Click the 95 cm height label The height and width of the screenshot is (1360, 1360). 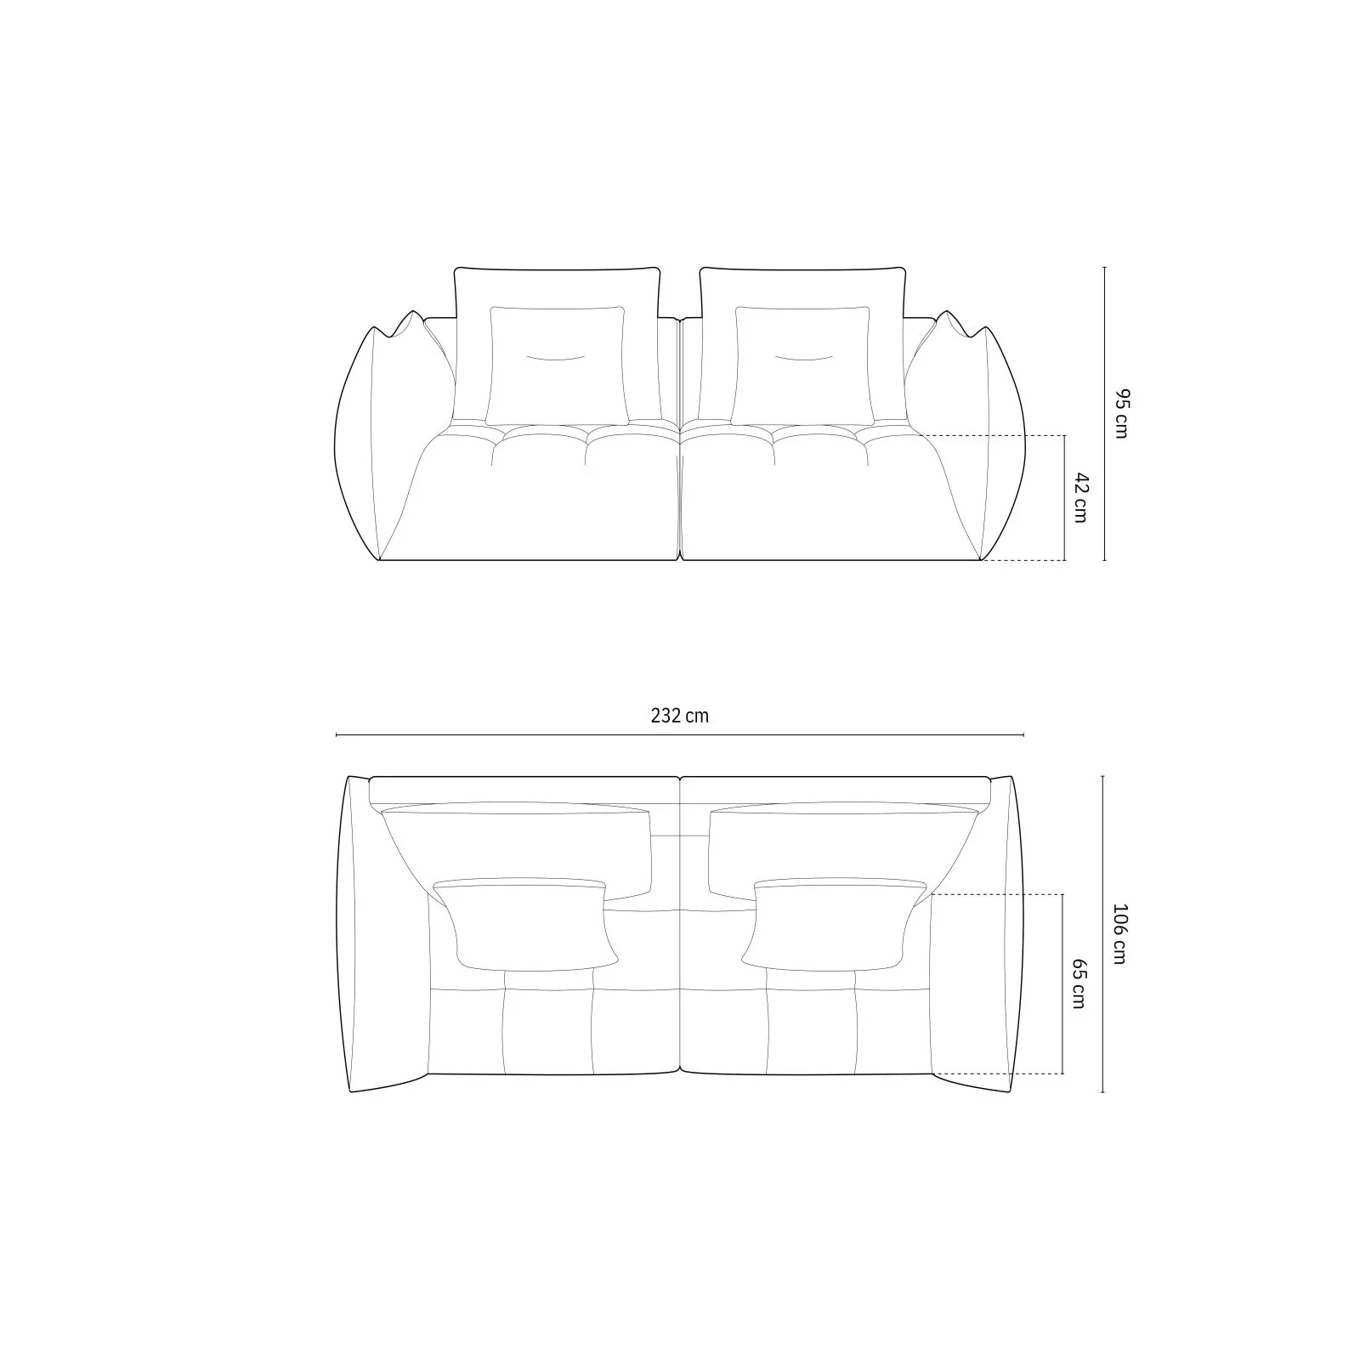point(1122,413)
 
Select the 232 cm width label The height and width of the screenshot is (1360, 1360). point(680,716)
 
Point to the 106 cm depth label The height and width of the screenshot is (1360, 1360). point(1119,934)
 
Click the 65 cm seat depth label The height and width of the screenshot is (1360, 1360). point(1079,984)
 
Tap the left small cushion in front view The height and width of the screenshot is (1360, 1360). point(557,365)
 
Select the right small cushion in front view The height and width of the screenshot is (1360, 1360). point(802,365)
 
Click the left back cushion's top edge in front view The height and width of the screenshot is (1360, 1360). point(558,269)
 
